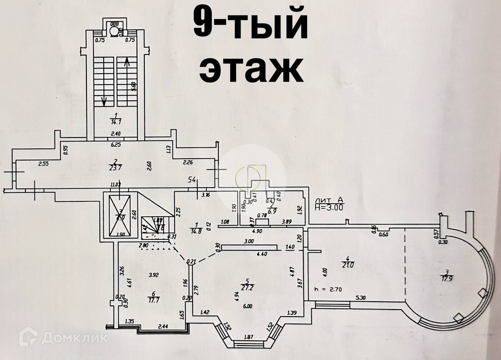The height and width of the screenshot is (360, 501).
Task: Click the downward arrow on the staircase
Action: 104,101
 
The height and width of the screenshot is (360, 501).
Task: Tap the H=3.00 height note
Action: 329,208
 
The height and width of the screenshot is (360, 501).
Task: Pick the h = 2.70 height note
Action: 328,289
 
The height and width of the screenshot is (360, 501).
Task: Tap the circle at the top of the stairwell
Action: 114,31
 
